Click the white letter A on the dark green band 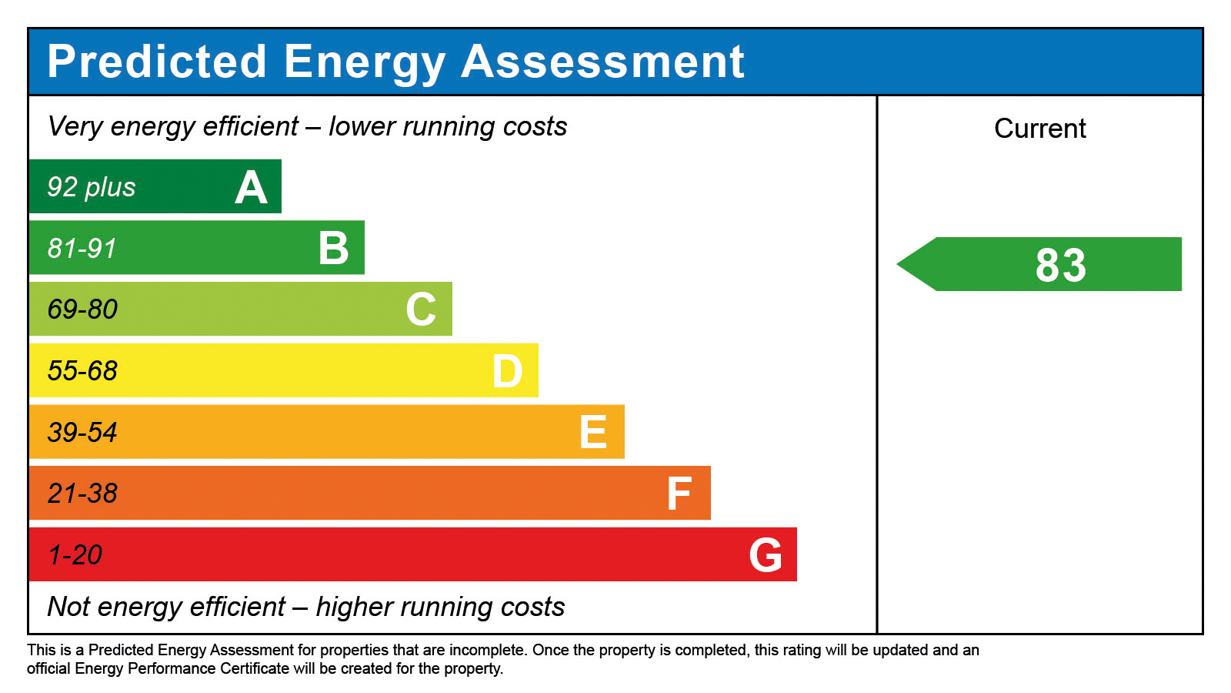pos(251,188)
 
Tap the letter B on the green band pos(334,249)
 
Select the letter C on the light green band pos(421,310)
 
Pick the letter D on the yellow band pos(508,371)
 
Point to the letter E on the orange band pos(593,432)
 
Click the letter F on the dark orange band pos(679,494)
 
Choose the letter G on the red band pos(766,555)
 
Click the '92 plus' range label pos(92,187)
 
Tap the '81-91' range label pos(82,249)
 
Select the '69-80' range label pos(82,310)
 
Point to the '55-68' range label pos(82,371)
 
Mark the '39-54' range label pos(82,433)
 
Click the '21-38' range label pos(82,494)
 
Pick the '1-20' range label pos(75,555)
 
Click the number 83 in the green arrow pos(1060,265)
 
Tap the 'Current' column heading pos(1039,129)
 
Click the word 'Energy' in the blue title pos(365,62)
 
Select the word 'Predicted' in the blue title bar pos(157,62)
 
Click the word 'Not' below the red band pos(69,607)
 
